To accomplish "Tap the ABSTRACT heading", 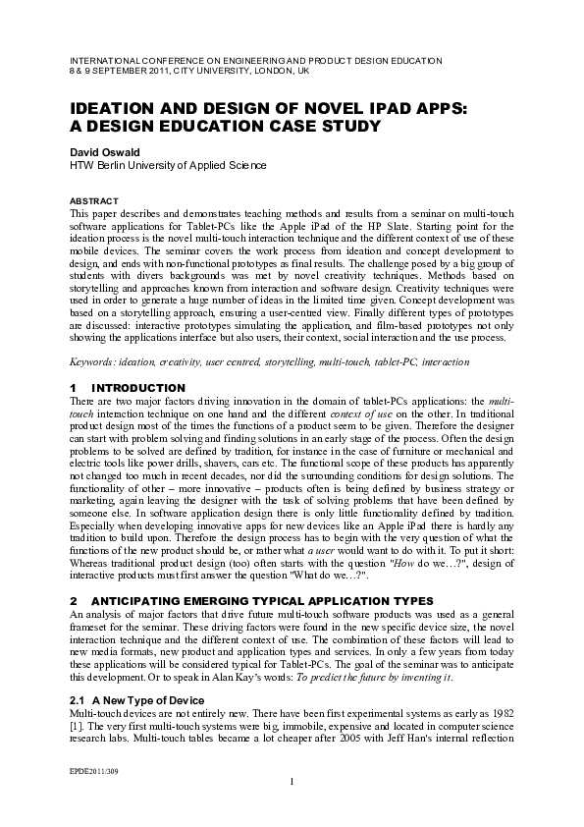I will (93, 200).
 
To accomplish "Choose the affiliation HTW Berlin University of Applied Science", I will (167, 166).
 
